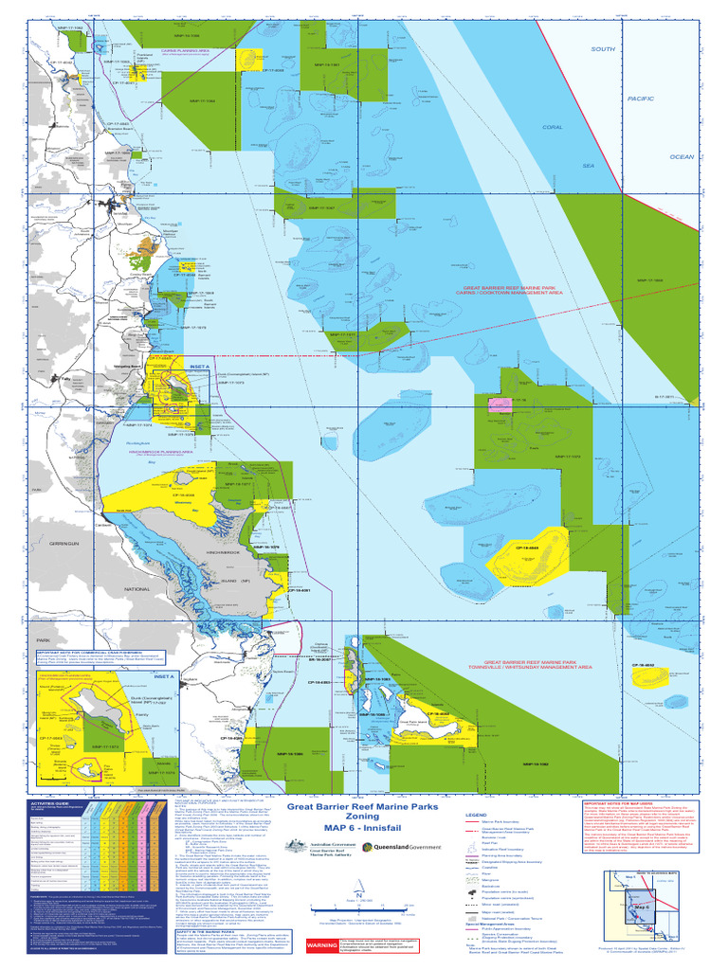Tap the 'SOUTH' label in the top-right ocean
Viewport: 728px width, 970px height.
603,49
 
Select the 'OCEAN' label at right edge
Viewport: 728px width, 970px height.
682,157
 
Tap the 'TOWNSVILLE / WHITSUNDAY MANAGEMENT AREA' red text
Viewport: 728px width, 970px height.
537,667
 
